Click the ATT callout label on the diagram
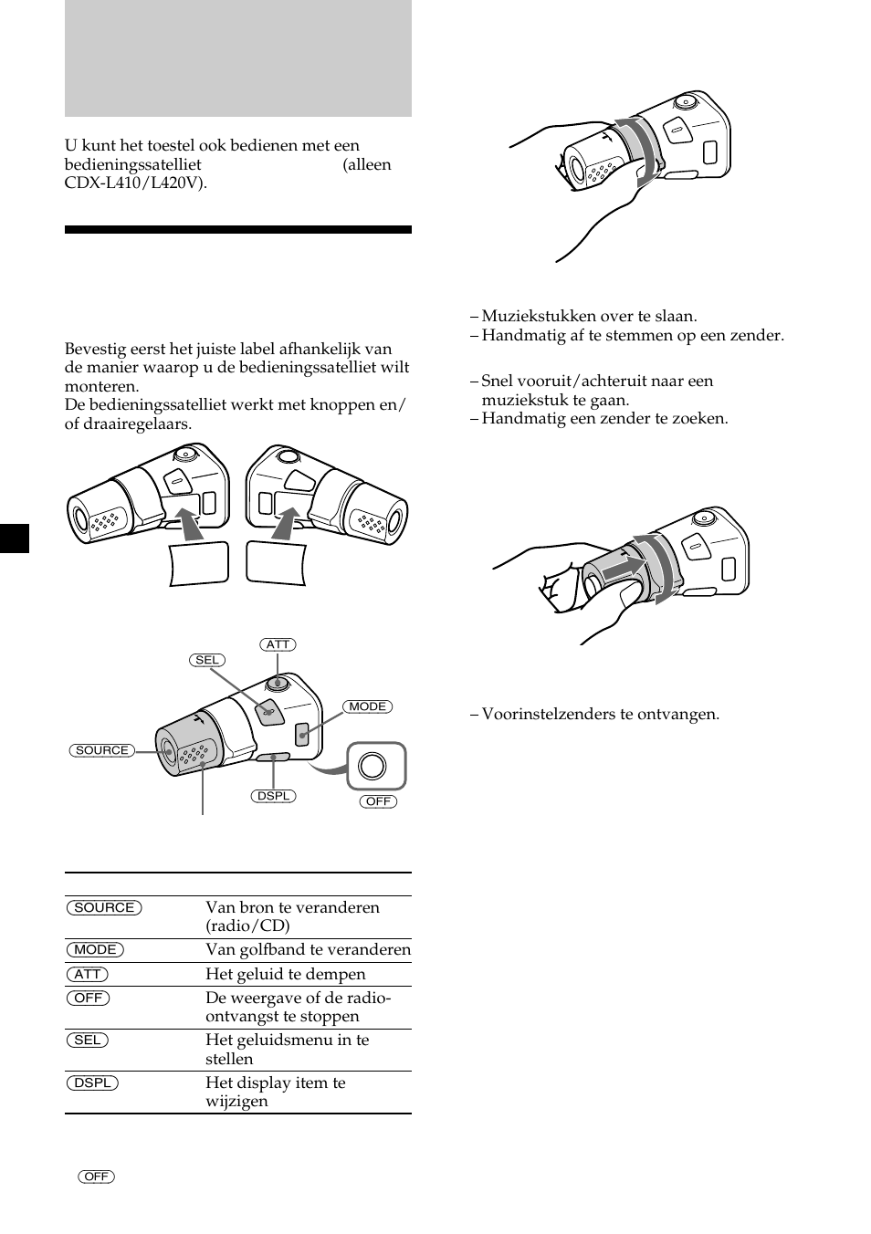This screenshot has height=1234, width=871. point(278,644)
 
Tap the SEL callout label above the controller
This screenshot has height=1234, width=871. point(207,660)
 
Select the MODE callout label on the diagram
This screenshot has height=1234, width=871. point(367,706)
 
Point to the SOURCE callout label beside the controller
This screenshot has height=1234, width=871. point(101,750)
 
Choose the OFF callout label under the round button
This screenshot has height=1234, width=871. point(378,801)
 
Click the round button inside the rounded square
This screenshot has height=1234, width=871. point(373,766)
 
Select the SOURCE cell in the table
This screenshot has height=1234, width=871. point(104,907)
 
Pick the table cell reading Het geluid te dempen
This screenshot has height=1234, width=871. point(285,974)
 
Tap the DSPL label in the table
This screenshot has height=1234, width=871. point(92,1082)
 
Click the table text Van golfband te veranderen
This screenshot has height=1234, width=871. point(308,949)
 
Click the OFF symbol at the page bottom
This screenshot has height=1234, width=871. point(96,1176)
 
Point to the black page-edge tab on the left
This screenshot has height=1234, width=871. point(15,539)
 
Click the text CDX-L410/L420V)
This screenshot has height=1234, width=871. point(135,183)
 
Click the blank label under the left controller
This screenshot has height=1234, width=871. point(198,563)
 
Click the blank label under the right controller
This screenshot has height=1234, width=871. point(276,563)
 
